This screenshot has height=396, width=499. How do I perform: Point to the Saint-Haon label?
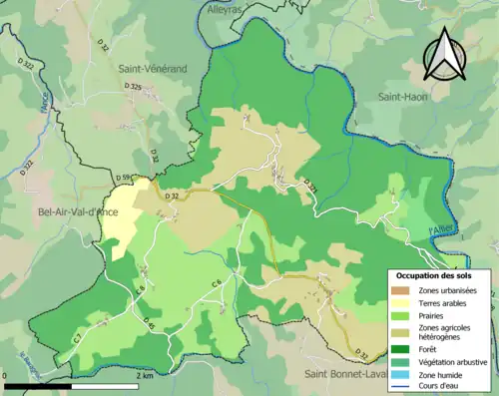click(402, 97)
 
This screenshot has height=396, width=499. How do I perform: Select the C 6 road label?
click(216, 284)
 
